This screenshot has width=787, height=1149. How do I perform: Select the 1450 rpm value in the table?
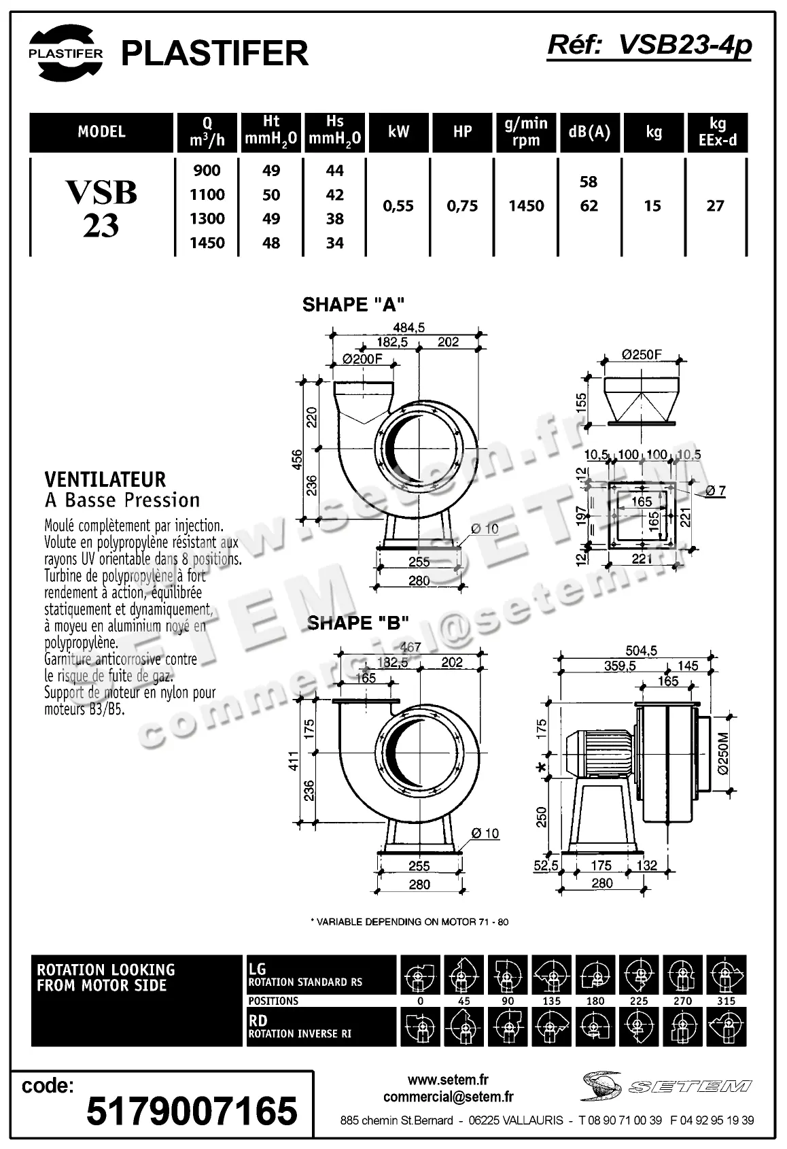[526, 206]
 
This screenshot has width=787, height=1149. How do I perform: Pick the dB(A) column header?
[589, 132]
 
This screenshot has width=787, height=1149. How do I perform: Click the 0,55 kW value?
[398, 206]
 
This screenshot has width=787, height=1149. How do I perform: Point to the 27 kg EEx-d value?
[715, 206]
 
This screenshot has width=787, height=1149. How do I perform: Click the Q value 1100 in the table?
[207, 195]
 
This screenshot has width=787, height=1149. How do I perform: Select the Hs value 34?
[334, 243]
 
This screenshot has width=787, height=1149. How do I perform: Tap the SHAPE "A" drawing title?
[353, 304]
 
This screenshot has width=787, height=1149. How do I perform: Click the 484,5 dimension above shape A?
[409, 328]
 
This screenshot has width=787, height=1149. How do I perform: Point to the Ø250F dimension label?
[642, 354]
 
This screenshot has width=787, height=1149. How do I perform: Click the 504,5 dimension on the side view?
[641, 651]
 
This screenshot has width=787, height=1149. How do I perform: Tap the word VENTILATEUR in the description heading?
[105, 479]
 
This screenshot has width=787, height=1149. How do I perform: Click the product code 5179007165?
[192, 1111]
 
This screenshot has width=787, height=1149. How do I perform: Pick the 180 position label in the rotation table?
[595, 1001]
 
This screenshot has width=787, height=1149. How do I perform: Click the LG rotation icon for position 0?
[420, 976]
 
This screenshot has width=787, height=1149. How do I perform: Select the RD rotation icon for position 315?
[726, 1027]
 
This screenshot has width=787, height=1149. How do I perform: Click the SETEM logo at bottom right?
[666, 1086]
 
